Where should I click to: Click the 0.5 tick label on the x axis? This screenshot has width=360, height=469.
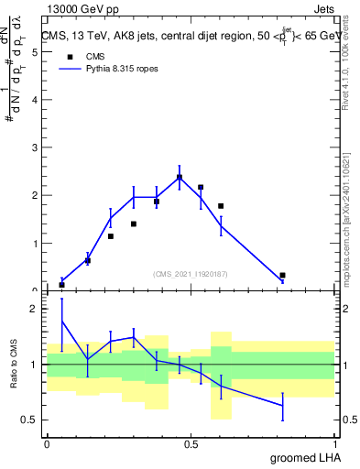tap(191, 444)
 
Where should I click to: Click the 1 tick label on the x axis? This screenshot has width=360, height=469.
tap(334, 444)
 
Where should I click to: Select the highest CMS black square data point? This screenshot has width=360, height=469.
tap(180, 178)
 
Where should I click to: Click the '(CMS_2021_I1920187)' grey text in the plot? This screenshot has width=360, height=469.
tap(191, 273)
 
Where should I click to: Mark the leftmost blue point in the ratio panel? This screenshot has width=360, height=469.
tap(62, 322)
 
